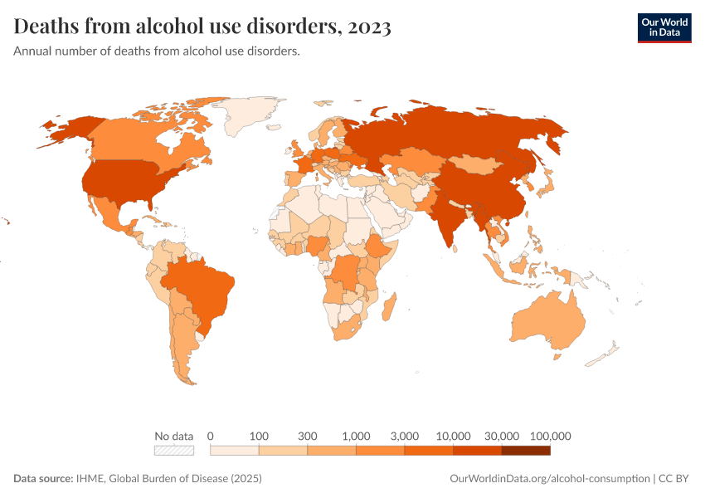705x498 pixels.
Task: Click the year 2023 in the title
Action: coord(370,27)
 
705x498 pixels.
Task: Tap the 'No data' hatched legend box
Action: coord(174,451)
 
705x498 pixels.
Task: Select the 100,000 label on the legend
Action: coord(551,436)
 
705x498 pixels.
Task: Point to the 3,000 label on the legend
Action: coord(405,436)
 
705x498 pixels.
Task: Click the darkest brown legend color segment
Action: coord(526,451)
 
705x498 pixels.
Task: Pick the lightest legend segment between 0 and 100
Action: coord(235,451)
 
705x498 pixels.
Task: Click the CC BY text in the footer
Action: coord(676,479)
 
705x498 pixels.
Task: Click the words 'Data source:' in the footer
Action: coord(43,479)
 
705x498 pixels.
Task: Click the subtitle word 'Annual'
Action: coord(32,51)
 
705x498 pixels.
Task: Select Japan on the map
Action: coord(548,180)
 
